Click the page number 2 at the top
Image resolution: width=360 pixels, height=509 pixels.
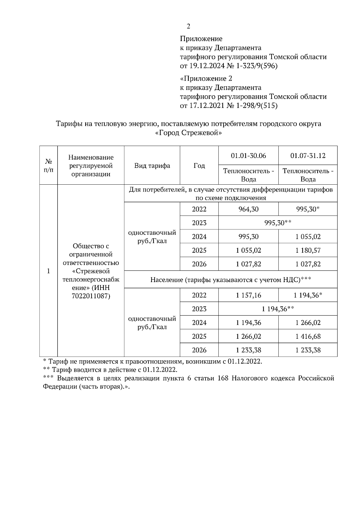(188, 26)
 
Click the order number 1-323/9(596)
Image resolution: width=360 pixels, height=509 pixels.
(257, 66)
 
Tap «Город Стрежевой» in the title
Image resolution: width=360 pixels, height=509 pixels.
(189, 133)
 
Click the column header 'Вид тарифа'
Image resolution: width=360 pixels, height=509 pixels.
(152, 165)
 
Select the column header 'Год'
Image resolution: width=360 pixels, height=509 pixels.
(199, 165)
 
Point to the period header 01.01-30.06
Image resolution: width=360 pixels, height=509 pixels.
(248, 156)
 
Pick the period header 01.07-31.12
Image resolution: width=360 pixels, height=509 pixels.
(308, 156)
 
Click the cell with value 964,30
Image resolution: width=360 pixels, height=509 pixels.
(248, 209)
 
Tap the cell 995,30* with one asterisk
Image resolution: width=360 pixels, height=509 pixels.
(308, 209)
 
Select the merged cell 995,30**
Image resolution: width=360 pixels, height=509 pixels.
(278, 223)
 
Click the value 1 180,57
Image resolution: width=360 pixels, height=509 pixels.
(308, 250)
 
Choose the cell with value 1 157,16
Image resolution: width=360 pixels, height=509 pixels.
(248, 295)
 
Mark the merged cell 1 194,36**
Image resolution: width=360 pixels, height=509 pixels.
(278, 309)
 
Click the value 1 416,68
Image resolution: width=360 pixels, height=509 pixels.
(308, 336)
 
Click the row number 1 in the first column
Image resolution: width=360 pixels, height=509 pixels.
(48, 271)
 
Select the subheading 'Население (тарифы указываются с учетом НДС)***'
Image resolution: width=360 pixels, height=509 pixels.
(230, 280)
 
